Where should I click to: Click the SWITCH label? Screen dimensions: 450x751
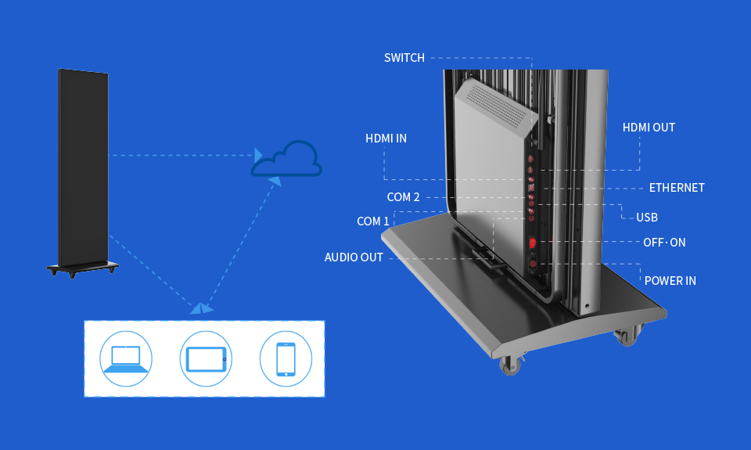pos(404,58)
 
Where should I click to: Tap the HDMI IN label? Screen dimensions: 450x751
pos(386,139)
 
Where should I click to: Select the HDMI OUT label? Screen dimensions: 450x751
pos(649,128)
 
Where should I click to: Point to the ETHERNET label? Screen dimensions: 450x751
pos(677,188)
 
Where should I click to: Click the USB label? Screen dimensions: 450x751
pos(647,218)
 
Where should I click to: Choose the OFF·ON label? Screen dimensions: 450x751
pos(664,243)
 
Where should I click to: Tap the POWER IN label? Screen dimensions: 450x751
pos(670,281)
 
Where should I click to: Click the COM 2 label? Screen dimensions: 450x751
pos(403,197)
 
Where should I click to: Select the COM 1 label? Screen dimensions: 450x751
pos(373,221)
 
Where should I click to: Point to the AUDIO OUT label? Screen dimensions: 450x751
pos(354,257)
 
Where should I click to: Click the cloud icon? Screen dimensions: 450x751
pos(287,160)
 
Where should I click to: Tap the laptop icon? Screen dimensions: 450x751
pos(126,358)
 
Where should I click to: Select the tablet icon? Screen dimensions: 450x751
pos(206,358)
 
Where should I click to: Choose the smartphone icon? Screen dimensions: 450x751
pos(286,359)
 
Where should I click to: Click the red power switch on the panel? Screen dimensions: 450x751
pos(533,243)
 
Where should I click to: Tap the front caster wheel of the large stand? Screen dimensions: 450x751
pos(510,365)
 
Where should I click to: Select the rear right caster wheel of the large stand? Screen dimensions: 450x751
pos(625,337)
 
